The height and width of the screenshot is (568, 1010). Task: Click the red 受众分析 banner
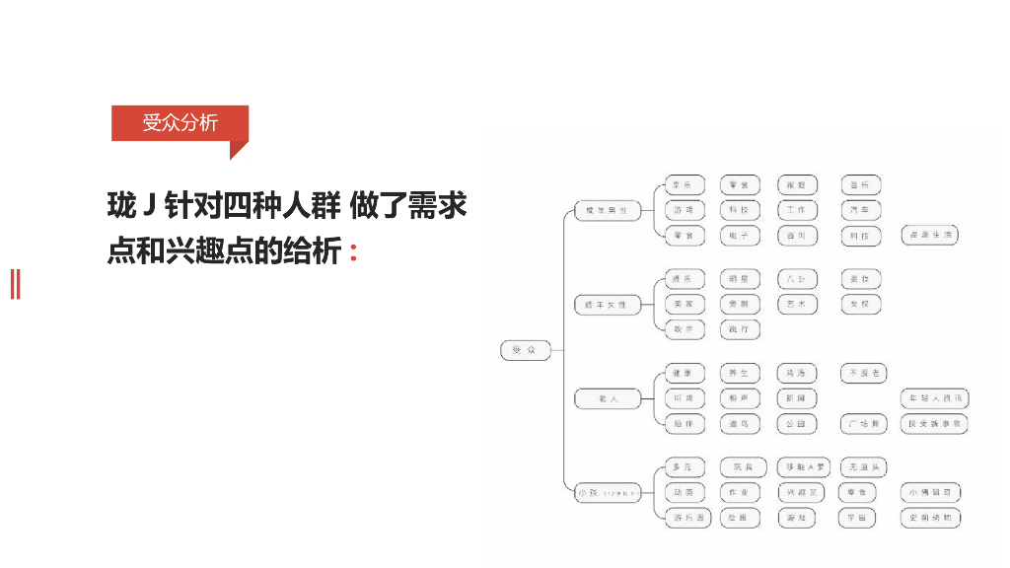coord(179,123)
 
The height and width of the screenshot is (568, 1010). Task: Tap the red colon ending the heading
coord(353,252)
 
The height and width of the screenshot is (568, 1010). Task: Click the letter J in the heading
coord(150,207)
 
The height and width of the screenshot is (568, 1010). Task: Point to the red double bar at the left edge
coord(15,284)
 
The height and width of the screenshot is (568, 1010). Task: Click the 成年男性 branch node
coord(607,210)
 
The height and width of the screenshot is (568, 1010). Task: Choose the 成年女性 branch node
coord(607,305)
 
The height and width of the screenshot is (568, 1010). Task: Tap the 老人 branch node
coord(607,398)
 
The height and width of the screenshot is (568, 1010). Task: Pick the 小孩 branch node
coord(607,492)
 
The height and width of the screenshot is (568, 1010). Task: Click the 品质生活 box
coord(929,235)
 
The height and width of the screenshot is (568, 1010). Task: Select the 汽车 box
coord(860,210)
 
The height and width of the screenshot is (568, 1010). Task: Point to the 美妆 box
coord(860,279)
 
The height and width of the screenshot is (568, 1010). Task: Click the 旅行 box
coord(739,329)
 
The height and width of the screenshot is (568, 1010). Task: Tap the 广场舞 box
coord(860,424)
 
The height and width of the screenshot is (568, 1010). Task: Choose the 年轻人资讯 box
coord(933,398)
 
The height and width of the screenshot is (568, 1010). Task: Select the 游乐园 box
coord(685,518)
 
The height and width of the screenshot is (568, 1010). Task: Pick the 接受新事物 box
coord(933,424)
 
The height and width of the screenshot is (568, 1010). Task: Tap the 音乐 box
coord(860,185)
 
